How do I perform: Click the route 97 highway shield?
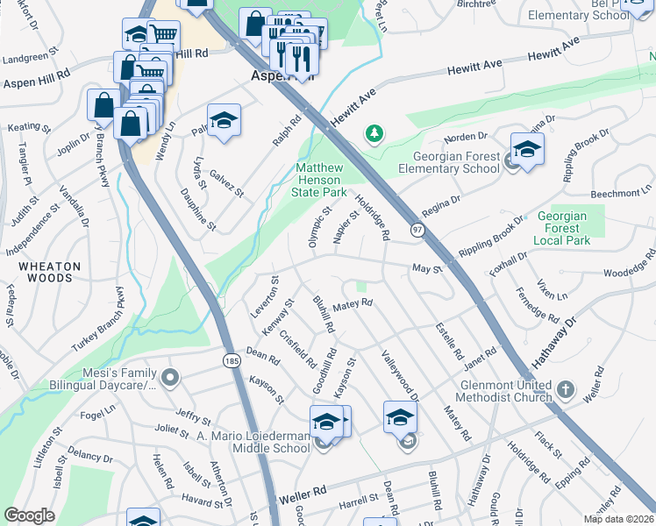click(417, 230)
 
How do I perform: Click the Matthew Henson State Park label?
click(320, 179)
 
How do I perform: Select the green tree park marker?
click(375, 133)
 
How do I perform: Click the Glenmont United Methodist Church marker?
click(567, 387)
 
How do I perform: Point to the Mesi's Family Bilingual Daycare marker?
click(170, 378)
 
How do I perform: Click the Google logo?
click(29, 515)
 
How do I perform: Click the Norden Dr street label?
click(465, 137)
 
